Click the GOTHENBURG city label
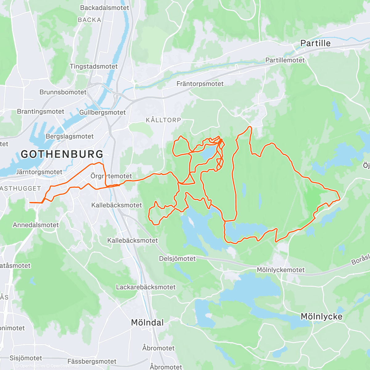point(62,154)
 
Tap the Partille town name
point(315,43)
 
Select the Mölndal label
point(147,323)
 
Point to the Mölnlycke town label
point(321,317)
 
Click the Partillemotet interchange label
point(285,60)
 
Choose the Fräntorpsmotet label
point(200,84)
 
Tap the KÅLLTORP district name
point(163,120)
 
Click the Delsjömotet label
point(177,259)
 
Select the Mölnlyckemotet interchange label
point(281,270)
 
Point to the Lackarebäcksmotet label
point(146,287)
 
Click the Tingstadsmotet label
point(93,67)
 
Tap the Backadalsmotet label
point(104,8)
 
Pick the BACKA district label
point(89,20)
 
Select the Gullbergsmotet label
point(102,113)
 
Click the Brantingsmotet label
point(40,112)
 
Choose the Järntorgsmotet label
point(39,172)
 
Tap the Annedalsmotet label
point(36,225)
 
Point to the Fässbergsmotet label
point(92,361)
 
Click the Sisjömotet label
point(26,358)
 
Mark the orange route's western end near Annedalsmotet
point(30,203)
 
